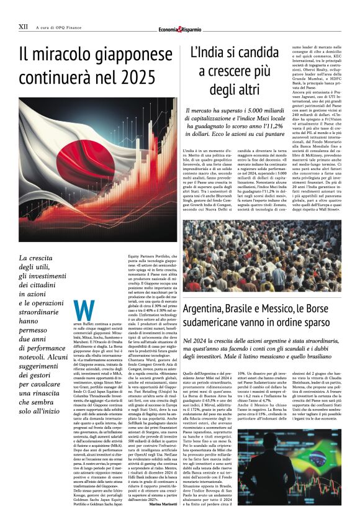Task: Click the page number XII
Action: pos(23,27)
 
